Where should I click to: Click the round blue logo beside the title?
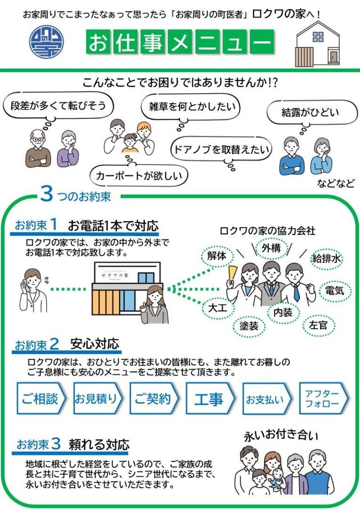[x=47, y=42]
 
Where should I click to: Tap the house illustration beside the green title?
[x=318, y=44]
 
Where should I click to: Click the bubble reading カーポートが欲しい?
[x=139, y=176]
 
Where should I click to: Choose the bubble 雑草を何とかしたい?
[x=190, y=107]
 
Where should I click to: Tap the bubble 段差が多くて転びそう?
[x=58, y=106]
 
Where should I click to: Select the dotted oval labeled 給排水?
[x=326, y=258]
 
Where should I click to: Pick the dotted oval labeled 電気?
[x=335, y=290]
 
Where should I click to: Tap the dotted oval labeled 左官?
[x=319, y=325]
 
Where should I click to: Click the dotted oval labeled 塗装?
[x=249, y=326]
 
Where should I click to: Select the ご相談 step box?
[x=41, y=398]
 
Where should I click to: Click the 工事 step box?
[x=210, y=398]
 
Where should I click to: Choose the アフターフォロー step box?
[x=324, y=398]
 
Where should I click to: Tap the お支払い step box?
[x=267, y=398]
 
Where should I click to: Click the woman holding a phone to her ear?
[x=33, y=290]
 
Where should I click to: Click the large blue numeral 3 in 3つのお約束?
[x=47, y=194]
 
